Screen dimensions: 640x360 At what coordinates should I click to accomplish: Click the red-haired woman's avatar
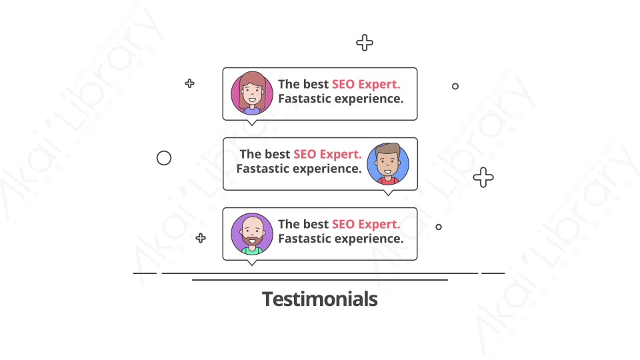click(252, 93)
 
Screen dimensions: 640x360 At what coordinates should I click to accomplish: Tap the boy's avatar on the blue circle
click(388, 164)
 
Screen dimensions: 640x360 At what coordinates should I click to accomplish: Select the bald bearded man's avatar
click(252, 234)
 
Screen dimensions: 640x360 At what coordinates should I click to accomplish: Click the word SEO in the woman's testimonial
click(343, 84)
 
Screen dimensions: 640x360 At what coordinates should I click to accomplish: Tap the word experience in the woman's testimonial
click(369, 99)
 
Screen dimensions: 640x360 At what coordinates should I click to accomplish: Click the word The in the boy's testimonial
click(250, 154)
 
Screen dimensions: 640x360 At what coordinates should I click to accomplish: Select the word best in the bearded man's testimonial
click(316, 224)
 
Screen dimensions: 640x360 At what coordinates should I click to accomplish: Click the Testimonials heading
click(319, 299)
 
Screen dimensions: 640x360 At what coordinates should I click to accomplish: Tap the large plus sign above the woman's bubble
click(365, 43)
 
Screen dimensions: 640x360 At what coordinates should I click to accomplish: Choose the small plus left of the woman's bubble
click(189, 84)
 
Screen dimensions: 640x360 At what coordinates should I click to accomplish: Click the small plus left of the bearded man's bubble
click(201, 238)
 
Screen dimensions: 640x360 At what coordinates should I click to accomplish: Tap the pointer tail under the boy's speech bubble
click(388, 193)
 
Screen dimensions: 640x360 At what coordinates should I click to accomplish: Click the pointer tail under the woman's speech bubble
click(252, 123)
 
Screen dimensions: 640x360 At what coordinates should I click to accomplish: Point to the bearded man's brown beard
click(252, 239)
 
